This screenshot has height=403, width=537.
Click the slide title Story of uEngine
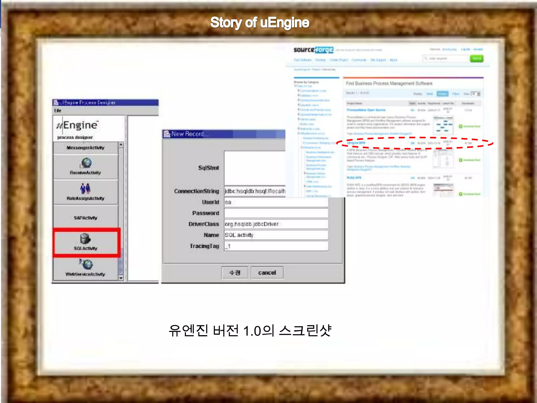pyautogui.click(x=260, y=23)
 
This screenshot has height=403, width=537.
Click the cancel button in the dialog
pyautogui.click(x=267, y=273)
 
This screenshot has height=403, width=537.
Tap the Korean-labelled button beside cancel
pyautogui.click(x=235, y=273)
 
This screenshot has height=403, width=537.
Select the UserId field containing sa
pyautogui.click(x=276, y=202)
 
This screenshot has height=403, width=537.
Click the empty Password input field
pyautogui.click(x=276, y=213)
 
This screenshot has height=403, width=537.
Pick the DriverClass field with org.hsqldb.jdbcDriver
pyautogui.click(x=276, y=224)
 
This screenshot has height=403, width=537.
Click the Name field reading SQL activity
pyautogui.click(x=276, y=235)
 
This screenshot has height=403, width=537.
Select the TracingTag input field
pyautogui.click(x=276, y=246)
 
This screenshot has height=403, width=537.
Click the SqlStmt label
pyautogui.click(x=208, y=168)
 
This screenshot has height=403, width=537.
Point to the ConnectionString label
pyautogui.click(x=196, y=191)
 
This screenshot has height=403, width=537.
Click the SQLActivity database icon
pyautogui.click(x=85, y=238)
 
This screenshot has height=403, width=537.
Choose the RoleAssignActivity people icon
pyautogui.click(x=85, y=188)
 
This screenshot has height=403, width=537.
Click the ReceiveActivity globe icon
pyautogui.click(x=86, y=163)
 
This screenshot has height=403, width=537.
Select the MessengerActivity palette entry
pyautogui.click(x=85, y=148)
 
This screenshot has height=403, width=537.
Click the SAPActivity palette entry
pyautogui.click(x=85, y=218)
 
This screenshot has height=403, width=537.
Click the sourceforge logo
pyautogui.click(x=313, y=50)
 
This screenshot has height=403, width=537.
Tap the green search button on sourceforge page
pyautogui.click(x=476, y=59)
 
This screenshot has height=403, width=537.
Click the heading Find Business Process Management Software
pyautogui.click(x=389, y=83)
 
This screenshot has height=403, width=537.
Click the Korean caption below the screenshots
pyautogui.click(x=250, y=330)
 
